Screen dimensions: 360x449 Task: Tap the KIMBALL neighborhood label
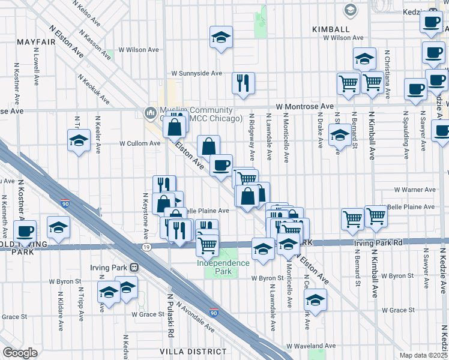(x=331, y=29)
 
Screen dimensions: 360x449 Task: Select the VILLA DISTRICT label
(x=184, y=351)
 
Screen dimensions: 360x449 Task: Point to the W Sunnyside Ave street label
(x=197, y=73)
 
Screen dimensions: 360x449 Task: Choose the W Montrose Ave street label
(x=304, y=106)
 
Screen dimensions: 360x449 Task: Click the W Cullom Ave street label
(x=140, y=143)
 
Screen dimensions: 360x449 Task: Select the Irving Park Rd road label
(x=381, y=242)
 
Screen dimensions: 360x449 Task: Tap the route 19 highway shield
(x=146, y=247)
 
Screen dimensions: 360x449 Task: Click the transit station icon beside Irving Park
(x=134, y=266)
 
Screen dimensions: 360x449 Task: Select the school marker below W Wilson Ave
(x=364, y=58)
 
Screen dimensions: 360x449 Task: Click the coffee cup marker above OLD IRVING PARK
(x=25, y=230)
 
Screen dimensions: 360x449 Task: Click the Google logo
(x=20, y=352)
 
